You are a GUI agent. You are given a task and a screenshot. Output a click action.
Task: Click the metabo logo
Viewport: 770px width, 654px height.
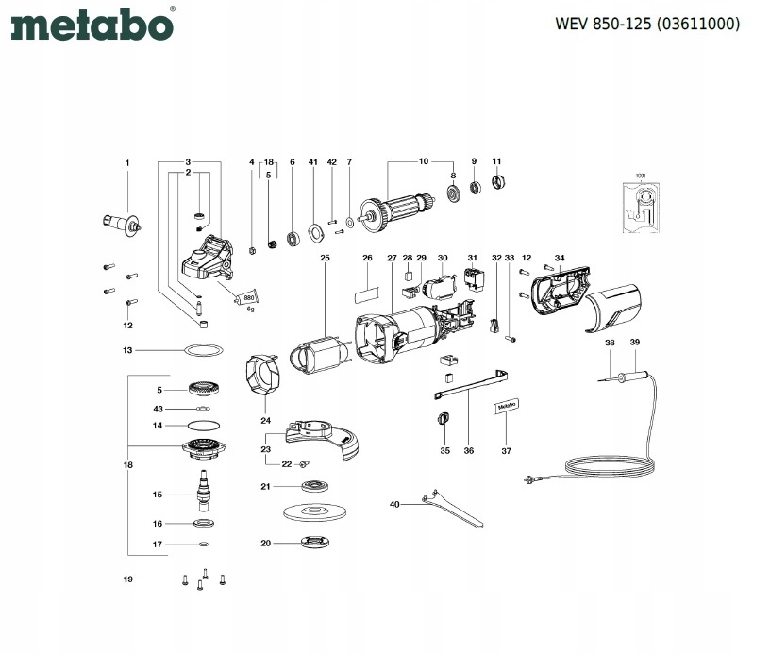(92, 25)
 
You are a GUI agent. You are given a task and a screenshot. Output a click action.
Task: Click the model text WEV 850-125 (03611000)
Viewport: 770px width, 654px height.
(647, 23)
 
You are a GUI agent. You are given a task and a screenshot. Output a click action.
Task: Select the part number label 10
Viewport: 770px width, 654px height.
(424, 160)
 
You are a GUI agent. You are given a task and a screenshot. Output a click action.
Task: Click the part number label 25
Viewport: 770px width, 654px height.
(325, 257)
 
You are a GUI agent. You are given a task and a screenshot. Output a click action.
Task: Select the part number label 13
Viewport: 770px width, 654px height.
(127, 350)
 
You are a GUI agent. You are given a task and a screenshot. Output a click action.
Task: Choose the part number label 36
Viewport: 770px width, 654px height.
(469, 450)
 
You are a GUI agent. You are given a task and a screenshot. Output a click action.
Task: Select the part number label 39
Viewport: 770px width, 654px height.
(635, 342)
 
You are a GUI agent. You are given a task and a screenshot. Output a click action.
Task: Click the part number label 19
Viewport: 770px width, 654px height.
(127, 579)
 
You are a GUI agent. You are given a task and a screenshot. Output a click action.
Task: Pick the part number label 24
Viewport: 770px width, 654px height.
(266, 420)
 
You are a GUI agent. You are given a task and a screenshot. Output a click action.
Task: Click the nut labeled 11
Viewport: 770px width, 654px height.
(498, 181)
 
